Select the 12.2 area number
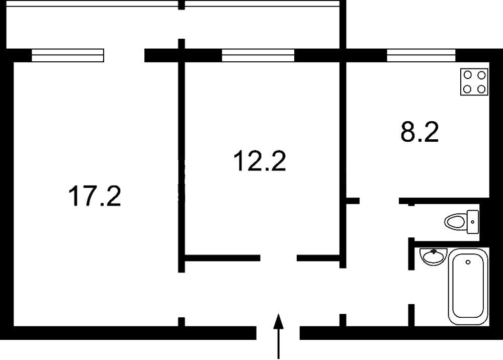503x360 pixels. coord(260,161)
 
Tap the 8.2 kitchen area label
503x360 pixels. coord(420,132)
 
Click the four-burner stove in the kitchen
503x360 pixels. coord(474,82)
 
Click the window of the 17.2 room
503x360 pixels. coord(67,55)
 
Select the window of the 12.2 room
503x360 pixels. coord(258,55)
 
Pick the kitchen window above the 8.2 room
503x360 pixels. coord(421,55)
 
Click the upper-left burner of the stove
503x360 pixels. coord(468,75)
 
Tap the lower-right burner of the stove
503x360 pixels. coord(481,89)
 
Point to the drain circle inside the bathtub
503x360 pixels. coord(468,262)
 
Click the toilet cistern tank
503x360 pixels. coord(473,221)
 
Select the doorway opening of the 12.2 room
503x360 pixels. coord(278,258)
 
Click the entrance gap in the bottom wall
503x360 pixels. coord(278,333)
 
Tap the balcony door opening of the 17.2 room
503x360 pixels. coord(124,55)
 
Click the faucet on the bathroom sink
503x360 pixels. coord(433,251)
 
